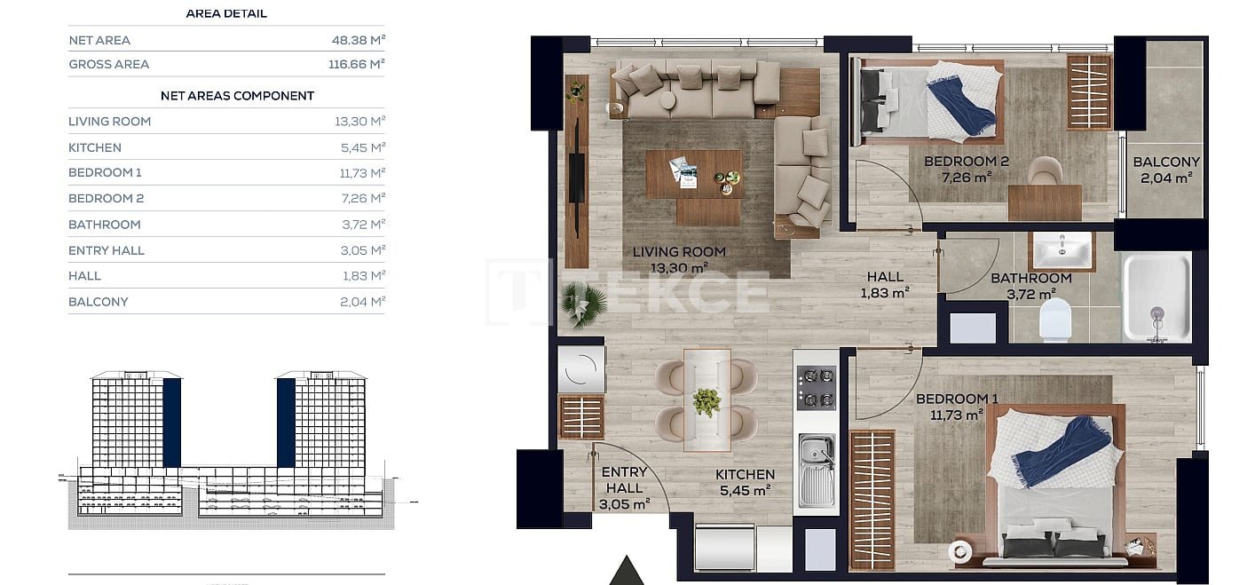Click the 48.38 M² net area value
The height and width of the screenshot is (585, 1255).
tap(358, 40)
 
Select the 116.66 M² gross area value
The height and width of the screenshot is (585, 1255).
tap(356, 64)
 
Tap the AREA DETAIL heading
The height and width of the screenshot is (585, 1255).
tap(226, 13)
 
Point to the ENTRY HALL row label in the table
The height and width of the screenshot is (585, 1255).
tap(107, 250)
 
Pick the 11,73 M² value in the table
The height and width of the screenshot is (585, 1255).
tap(362, 173)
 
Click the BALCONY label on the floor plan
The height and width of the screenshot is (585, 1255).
tap(1166, 162)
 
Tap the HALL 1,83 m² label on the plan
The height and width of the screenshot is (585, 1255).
tap(885, 284)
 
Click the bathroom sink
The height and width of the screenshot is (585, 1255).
tap(1062, 250)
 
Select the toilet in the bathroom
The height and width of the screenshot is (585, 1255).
tap(1055, 320)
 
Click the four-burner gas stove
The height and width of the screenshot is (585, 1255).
tap(817, 387)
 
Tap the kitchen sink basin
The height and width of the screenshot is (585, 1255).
tap(817, 470)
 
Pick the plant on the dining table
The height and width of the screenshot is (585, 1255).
tap(706, 401)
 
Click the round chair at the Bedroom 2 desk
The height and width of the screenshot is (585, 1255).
tap(1046, 170)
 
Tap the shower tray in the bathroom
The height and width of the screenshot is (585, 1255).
tap(1157, 297)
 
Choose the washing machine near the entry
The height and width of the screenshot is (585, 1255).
tap(581, 369)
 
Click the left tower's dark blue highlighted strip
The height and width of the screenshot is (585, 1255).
tap(172, 423)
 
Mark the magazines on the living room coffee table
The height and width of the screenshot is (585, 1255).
tap(684, 172)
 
